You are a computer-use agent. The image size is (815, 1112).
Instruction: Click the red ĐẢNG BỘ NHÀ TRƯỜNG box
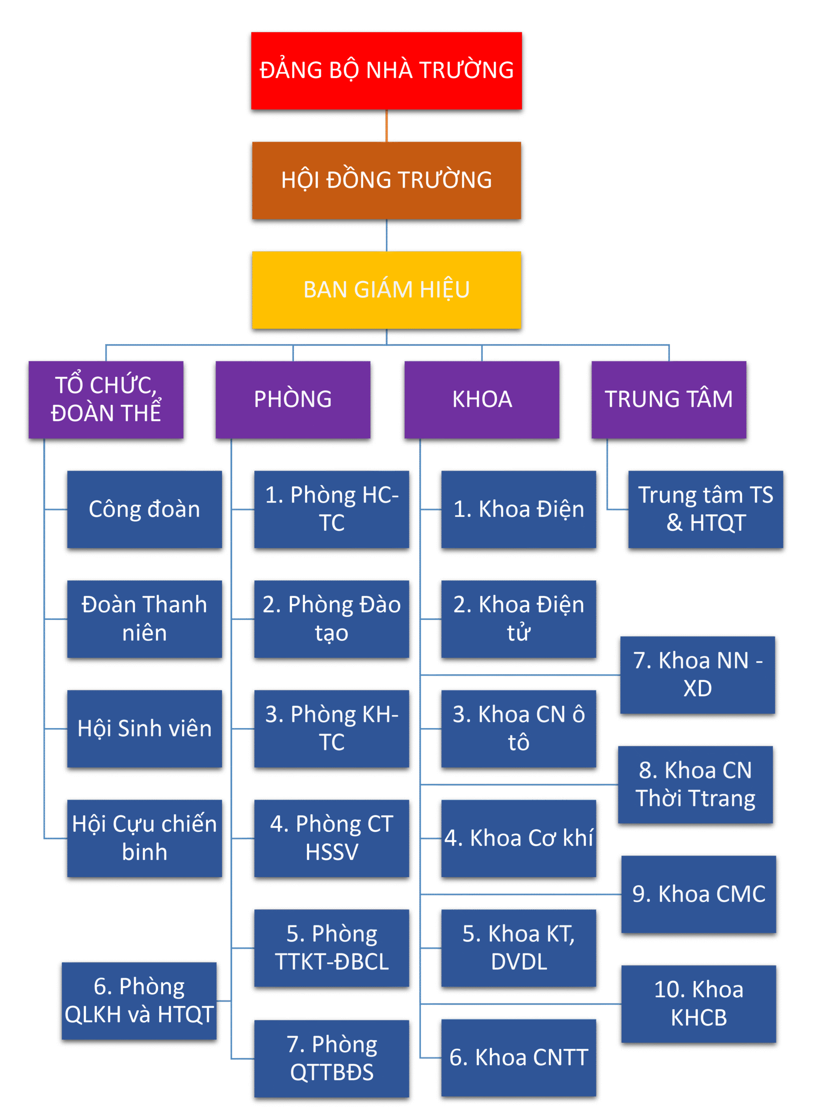coord(386,70)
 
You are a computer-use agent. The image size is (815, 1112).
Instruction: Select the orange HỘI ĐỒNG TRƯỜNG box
coord(386,180)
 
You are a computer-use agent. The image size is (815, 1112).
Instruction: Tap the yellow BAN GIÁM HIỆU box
coord(386,290)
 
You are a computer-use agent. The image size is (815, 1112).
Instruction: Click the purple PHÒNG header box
coord(293,400)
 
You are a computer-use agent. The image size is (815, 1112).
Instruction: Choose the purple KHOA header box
coord(482,400)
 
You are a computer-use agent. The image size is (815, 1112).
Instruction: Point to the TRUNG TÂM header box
coord(669,400)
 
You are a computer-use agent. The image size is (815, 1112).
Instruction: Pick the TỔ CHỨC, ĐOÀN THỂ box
coord(106,400)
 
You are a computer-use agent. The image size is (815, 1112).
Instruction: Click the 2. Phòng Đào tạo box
coord(332,619)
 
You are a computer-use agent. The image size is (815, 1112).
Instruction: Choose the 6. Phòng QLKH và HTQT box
coord(139,1001)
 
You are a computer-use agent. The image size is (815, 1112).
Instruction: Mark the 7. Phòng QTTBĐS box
coord(332,1058)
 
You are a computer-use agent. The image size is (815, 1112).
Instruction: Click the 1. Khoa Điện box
coord(519,509)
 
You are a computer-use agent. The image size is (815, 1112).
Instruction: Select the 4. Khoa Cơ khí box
coord(519,838)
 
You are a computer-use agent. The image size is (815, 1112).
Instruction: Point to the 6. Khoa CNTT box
coord(519,1057)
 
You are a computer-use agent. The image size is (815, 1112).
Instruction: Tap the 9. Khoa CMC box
coord(699,894)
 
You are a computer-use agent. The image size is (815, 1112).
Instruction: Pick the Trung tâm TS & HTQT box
coord(705,509)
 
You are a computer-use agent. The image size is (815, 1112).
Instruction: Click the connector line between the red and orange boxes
coord(386,126)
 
